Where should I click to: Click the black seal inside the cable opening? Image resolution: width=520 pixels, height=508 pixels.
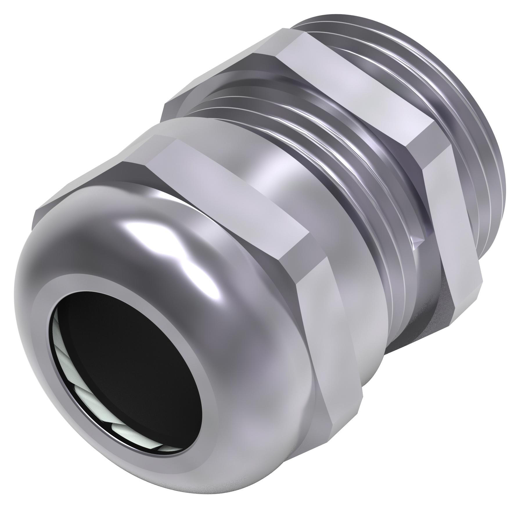(x=122, y=343)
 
